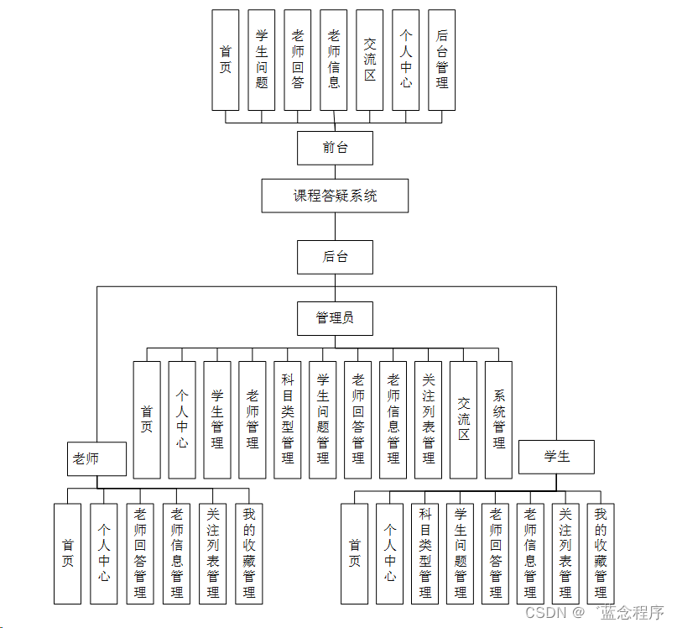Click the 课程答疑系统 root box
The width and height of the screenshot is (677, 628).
(335, 196)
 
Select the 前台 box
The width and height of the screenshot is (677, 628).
(335, 148)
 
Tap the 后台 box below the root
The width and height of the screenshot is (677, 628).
(335, 257)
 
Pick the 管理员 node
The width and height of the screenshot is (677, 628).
(335, 318)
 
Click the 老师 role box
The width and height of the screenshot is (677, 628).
(96, 458)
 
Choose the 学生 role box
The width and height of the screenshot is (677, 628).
(556, 457)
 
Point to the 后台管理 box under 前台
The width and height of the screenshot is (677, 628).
(441, 60)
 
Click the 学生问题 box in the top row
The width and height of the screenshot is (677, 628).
(262, 60)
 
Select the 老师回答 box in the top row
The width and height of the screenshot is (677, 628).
(298, 60)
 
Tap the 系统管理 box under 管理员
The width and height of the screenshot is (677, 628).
(498, 420)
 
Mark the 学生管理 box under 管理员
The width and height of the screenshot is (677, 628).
(217, 420)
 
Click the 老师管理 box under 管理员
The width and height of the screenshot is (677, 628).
(253, 420)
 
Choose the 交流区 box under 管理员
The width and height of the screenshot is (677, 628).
(463, 420)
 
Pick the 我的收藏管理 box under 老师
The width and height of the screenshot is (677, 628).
(248, 553)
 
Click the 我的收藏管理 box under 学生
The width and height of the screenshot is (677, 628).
(601, 553)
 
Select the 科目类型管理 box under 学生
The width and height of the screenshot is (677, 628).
(425, 553)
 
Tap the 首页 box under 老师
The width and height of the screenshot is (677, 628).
(68, 553)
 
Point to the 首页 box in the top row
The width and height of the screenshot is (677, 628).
(226, 60)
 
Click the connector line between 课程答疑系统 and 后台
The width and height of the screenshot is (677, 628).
(335, 227)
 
